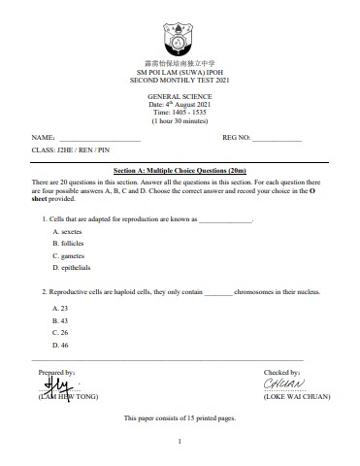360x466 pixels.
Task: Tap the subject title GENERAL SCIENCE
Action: (x=180, y=97)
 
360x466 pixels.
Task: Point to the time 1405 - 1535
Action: (x=180, y=113)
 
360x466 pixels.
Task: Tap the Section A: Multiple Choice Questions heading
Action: (x=180, y=169)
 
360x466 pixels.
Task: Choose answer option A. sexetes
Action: (x=68, y=233)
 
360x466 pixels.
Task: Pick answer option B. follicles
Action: (x=69, y=244)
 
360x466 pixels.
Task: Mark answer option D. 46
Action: (x=60, y=345)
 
